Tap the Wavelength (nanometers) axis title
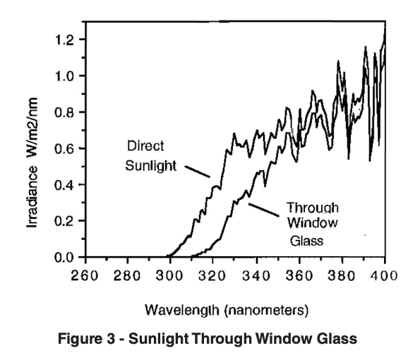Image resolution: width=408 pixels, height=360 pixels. coord(231,310)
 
